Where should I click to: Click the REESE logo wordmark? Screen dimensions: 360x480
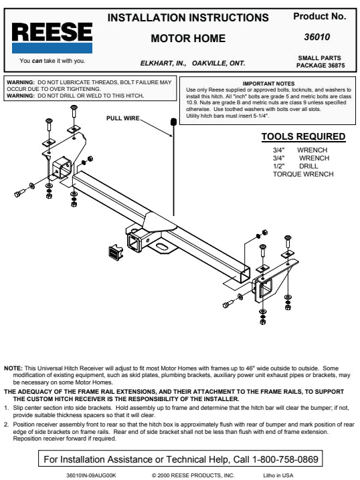[x=52, y=32]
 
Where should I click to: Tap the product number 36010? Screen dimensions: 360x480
[x=317, y=37]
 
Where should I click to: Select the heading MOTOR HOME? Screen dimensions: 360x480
[x=188, y=39]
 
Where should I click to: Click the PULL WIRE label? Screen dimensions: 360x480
[x=123, y=118]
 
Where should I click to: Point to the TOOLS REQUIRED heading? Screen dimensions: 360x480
[x=303, y=136]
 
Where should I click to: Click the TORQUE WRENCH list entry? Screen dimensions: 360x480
[x=303, y=174]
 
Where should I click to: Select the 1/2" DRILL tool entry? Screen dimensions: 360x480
[x=295, y=166]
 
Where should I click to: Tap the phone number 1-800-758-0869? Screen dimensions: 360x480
[x=285, y=459]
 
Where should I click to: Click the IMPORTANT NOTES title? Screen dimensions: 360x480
[x=268, y=84]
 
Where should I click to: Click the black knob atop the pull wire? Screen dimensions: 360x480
[x=173, y=122]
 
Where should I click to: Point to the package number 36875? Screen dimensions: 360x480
[x=337, y=66]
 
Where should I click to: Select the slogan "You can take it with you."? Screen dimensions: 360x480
[x=52, y=61]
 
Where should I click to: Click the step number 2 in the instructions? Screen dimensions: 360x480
[x=6, y=425]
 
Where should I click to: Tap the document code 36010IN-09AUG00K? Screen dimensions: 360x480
[x=91, y=475]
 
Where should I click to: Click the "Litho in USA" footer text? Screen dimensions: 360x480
[x=278, y=475]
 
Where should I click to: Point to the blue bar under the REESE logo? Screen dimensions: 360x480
[x=52, y=48]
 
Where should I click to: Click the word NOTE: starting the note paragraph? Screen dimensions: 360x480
[x=13, y=368]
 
